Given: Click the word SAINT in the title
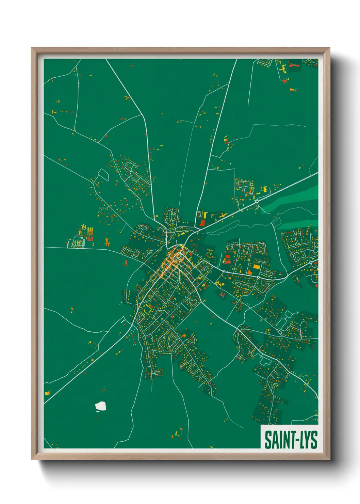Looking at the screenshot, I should [277, 440].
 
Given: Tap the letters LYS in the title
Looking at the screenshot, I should [307, 440].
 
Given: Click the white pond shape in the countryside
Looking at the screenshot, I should [101, 406].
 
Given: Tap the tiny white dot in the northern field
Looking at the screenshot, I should [231, 164].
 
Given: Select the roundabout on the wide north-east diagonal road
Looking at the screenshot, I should [257, 201].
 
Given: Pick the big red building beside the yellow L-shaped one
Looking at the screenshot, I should [202, 223].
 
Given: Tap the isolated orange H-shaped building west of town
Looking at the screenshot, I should [108, 242].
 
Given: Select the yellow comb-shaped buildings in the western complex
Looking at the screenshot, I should [90, 232].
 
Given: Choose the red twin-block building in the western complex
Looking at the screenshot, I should [90, 239].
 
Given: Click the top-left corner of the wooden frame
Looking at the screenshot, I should [32, 48].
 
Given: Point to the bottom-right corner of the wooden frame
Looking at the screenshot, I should [329, 459].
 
